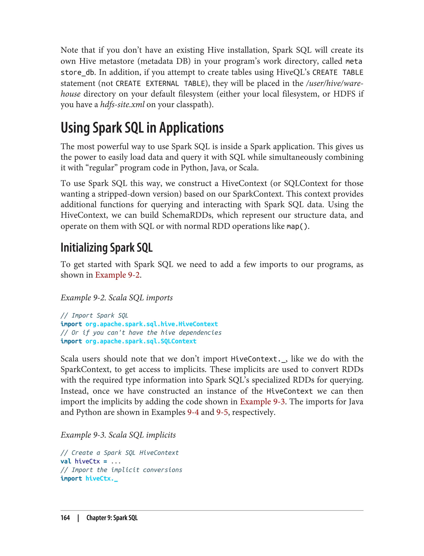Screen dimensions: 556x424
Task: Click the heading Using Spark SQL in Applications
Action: (142, 128)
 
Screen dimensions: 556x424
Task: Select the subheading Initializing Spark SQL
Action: (106, 248)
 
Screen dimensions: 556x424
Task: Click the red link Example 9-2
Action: (117, 275)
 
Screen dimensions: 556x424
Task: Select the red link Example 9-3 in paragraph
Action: (262, 401)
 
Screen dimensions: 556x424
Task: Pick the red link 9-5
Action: (222, 412)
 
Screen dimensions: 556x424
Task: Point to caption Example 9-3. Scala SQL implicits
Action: (118, 435)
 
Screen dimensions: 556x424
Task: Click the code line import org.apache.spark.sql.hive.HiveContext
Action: (139, 324)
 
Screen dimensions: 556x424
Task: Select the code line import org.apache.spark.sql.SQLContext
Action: (128, 341)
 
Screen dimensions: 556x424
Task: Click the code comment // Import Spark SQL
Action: (94, 315)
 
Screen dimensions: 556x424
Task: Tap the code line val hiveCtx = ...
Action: (90, 461)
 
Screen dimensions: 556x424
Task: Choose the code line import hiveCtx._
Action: (89, 478)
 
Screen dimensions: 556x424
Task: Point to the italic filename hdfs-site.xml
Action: (122, 104)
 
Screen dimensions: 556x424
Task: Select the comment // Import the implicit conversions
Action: (121, 470)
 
